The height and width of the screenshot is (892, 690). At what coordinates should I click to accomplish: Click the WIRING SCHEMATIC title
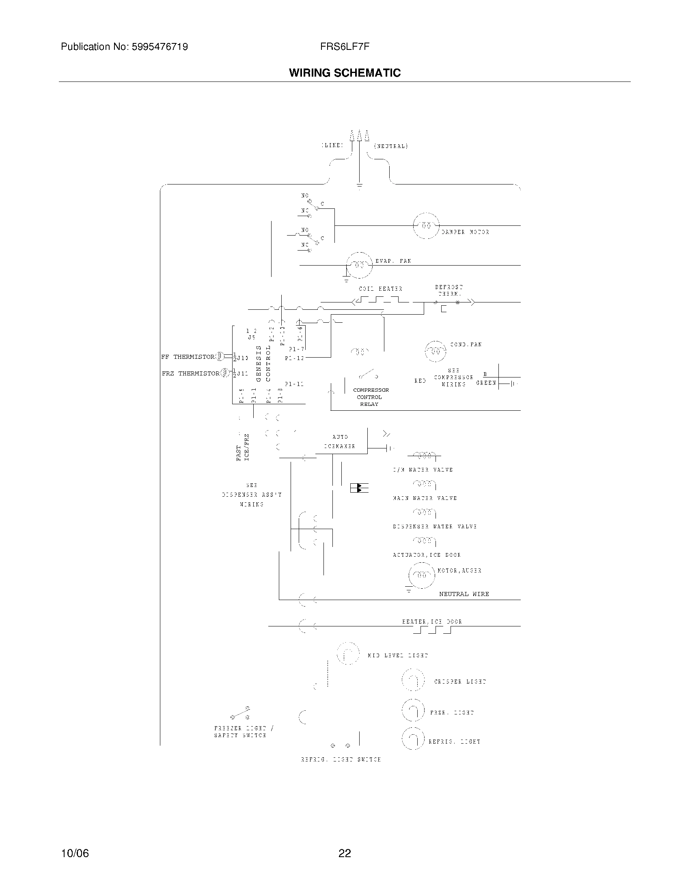click(x=345, y=73)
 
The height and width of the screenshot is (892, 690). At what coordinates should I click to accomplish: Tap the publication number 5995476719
click(x=160, y=47)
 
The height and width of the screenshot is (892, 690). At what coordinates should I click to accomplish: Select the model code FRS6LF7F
click(x=345, y=47)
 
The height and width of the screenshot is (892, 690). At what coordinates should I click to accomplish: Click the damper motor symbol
click(x=426, y=225)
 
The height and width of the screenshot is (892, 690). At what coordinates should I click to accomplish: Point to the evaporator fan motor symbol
click(x=359, y=265)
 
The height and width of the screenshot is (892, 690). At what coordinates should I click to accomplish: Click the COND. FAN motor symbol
click(x=436, y=351)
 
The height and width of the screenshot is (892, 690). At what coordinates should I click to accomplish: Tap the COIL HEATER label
click(x=380, y=289)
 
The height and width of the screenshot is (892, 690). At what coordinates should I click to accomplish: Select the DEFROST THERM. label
click(x=449, y=290)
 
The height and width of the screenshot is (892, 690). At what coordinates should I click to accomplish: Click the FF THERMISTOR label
click(x=188, y=357)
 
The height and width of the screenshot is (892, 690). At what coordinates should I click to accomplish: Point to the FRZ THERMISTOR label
click(x=190, y=373)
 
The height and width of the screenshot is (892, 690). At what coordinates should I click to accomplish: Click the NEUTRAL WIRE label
click(x=464, y=594)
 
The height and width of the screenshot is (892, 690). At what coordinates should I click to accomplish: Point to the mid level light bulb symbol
click(x=348, y=654)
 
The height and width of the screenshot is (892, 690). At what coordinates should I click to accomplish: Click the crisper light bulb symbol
click(x=413, y=680)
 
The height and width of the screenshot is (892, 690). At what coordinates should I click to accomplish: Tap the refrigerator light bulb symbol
click(x=413, y=738)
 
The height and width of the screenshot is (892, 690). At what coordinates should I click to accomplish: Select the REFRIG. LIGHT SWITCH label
click(x=341, y=760)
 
